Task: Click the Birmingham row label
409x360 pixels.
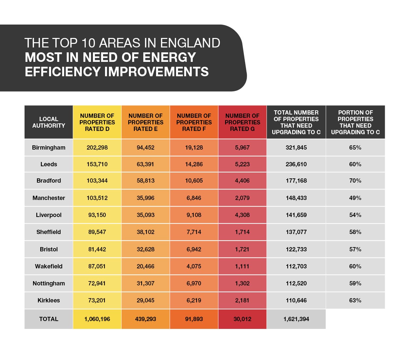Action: pyautogui.click(x=48, y=148)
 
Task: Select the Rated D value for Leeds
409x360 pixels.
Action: pyautogui.click(x=97, y=164)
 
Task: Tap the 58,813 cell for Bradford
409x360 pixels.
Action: pyautogui.click(x=145, y=181)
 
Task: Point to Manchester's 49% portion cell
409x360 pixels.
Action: pyautogui.click(x=355, y=198)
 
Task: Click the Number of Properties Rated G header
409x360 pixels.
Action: pyautogui.click(x=242, y=122)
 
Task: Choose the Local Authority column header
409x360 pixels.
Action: pyautogui.click(x=48, y=122)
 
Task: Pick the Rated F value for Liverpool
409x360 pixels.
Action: pyautogui.click(x=194, y=215)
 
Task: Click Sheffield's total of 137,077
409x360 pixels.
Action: pyautogui.click(x=296, y=232)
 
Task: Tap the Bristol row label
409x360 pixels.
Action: pyautogui.click(x=48, y=249)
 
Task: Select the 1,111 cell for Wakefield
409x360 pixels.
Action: pyautogui.click(x=242, y=266)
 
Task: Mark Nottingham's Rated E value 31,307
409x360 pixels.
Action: pyautogui.click(x=145, y=283)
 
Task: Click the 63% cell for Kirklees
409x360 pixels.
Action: pyautogui.click(x=355, y=300)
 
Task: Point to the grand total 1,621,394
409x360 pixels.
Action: pyautogui.click(x=296, y=319)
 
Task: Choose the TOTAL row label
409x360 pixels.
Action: pyautogui.click(x=48, y=319)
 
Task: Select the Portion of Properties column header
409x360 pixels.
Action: pyautogui.click(x=355, y=122)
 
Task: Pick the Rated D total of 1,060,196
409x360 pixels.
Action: pyautogui.click(x=97, y=319)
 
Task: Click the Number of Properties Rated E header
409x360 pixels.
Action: pyautogui.click(x=145, y=122)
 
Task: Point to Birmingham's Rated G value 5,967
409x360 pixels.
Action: pyautogui.click(x=242, y=148)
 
